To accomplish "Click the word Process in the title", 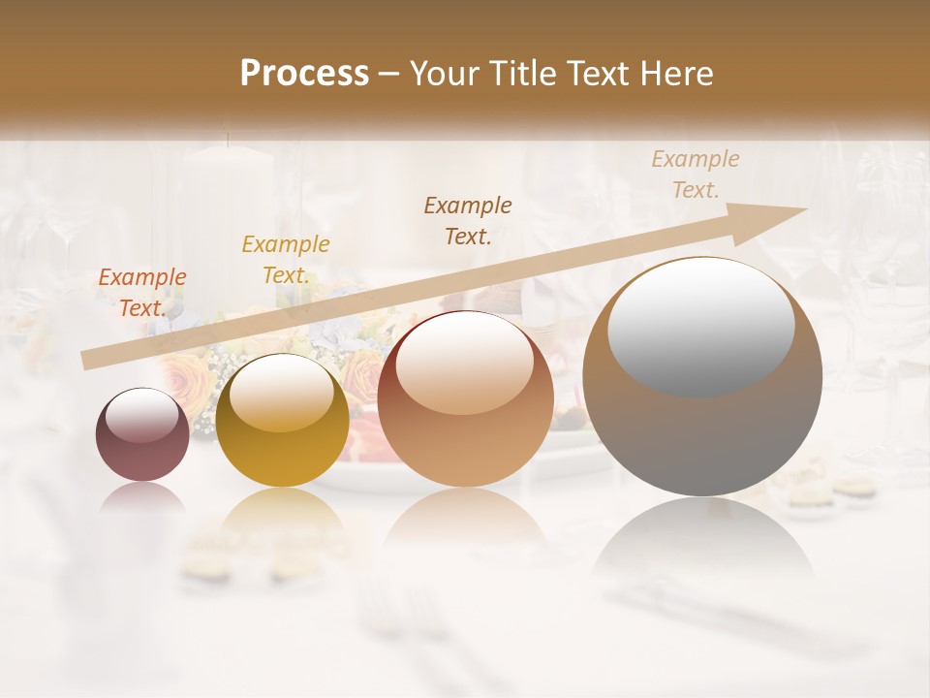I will click(x=304, y=74).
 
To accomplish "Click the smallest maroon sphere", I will click(x=142, y=434).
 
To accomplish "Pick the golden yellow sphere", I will click(x=282, y=420).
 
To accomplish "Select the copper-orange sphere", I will click(x=465, y=398).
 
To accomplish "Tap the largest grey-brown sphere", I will click(x=702, y=376).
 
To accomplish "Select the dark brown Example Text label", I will click(x=468, y=220).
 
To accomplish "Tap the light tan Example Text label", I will click(x=695, y=174).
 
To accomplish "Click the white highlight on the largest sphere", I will click(x=700, y=324).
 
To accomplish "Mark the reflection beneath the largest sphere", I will click(x=702, y=543).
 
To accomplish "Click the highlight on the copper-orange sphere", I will click(x=464, y=365).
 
